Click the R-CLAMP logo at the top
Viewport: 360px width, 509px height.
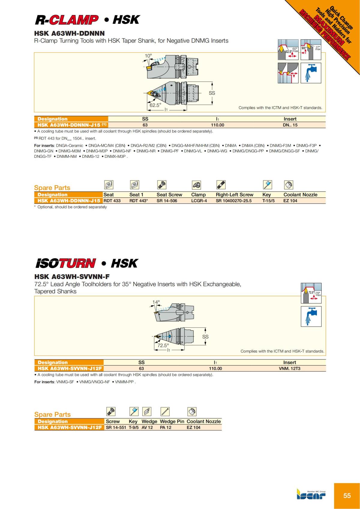(67, 20)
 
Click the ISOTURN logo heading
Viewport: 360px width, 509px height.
(65, 263)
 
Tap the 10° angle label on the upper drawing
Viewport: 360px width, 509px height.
(148, 56)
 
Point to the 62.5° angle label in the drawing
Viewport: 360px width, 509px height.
(155, 105)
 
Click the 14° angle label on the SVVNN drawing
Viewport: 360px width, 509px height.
(156, 302)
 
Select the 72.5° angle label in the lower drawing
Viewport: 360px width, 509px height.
(163, 345)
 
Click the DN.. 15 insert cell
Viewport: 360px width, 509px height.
(290, 125)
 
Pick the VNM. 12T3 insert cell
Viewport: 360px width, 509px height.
(289, 368)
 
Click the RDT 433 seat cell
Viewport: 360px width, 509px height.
(112, 201)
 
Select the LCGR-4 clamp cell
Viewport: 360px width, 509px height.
(199, 201)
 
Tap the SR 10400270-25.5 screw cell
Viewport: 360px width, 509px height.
(233, 201)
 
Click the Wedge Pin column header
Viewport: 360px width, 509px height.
(172, 421)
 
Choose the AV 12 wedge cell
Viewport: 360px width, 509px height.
(147, 427)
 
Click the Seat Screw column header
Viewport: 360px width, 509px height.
(169, 195)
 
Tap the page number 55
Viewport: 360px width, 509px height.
(347, 496)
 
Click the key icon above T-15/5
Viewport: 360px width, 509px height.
(267, 185)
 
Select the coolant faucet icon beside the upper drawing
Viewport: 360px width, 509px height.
(311, 73)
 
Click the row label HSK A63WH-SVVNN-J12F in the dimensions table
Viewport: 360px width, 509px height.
(69, 368)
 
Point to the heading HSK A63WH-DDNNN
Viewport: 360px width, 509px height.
(69, 33)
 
